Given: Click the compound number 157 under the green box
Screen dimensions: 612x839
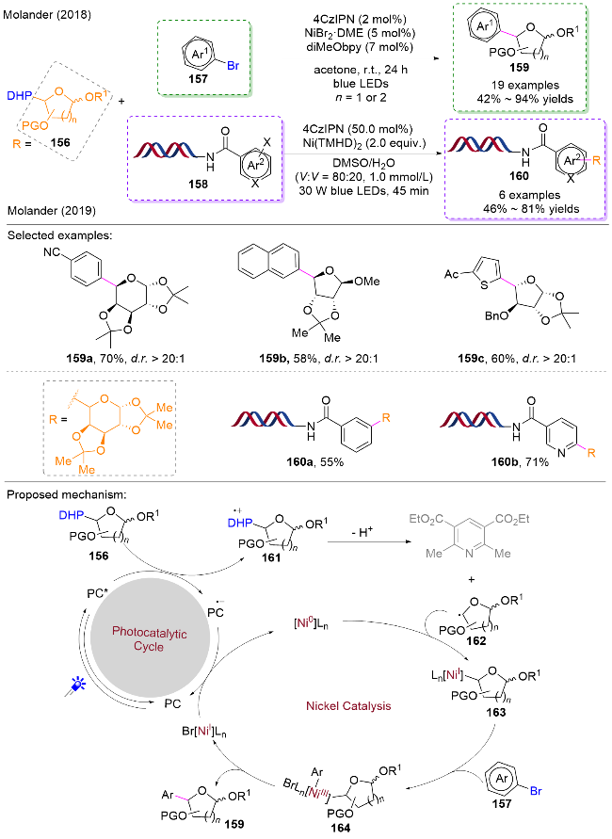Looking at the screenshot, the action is (198, 79).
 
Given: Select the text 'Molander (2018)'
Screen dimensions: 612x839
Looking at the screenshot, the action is (47, 14).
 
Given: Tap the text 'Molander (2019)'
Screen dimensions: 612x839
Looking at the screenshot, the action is (52, 211).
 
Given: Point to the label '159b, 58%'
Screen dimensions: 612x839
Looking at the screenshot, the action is (288, 358).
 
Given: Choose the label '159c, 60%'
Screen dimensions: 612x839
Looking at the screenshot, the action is (486, 358).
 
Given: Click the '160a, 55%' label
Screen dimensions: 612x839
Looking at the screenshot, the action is (315, 461).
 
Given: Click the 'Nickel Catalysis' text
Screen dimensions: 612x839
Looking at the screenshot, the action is (348, 706).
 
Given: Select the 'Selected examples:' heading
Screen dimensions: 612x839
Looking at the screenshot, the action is (59, 235).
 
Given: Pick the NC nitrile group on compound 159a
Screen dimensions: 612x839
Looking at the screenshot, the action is (52, 251).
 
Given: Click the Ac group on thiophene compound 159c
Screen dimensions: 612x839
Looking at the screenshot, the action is (452, 274).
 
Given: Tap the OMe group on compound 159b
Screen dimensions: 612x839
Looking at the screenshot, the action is (367, 281).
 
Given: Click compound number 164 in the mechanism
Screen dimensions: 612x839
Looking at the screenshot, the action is (340, 828).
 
